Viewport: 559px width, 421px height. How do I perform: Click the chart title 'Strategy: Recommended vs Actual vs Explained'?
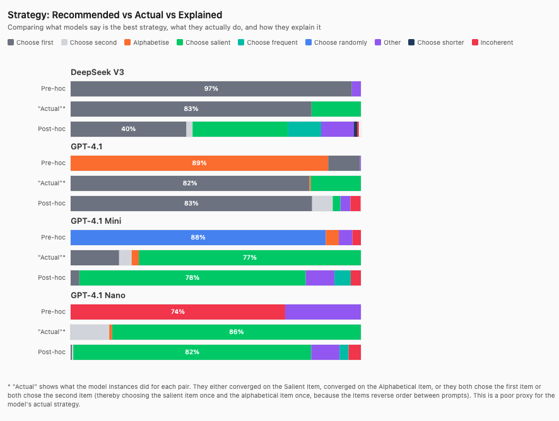click(x=115, y=14)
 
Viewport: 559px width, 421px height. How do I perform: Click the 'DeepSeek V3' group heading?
click(x=97, y=72)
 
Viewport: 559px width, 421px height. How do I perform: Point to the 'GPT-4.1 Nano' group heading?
click(x=98, y=295)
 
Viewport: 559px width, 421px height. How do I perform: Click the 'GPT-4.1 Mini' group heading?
click(x=96, y=221)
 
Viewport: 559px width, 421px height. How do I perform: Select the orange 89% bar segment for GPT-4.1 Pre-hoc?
click(x=199, y=163)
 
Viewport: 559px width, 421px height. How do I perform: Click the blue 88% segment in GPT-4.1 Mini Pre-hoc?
click(x=198, y=238)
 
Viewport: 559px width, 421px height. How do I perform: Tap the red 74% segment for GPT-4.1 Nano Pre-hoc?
click(x=177, y=312)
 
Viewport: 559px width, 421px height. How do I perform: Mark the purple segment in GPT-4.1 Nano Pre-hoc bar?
click(x=322, y=312)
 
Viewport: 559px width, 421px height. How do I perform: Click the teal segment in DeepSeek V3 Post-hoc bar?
click(x=305, y=129)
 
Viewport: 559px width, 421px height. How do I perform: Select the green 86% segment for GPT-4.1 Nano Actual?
click(x=236, y=332)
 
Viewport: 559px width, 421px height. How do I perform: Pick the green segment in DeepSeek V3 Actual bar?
click(x=336, y=109)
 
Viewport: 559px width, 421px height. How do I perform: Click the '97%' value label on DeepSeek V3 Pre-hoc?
click(x=211, y=89)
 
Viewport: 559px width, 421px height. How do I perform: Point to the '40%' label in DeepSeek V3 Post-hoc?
click(x=128, y=129)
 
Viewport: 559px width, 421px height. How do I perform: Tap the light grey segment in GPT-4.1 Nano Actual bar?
click(x=90, y=332)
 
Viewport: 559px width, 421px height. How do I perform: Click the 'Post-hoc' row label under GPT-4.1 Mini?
click(x=52, y=278)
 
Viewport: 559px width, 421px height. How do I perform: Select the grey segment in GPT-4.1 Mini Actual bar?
click(x=95, y=258)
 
